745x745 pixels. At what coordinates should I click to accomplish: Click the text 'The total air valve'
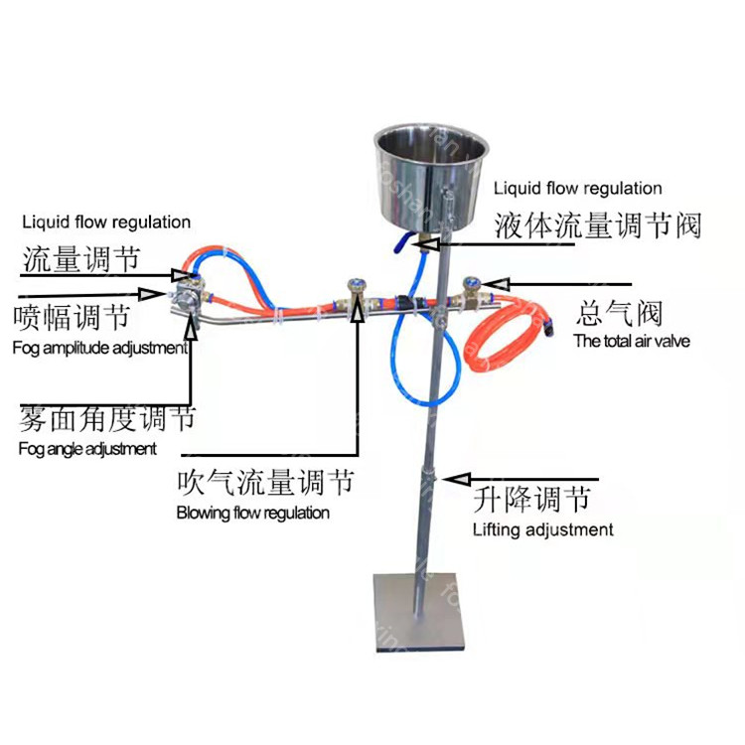pyautogui.click(x=632, y=341)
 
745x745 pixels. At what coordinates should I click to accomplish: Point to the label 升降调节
pyautogui.click(x=532, y=498)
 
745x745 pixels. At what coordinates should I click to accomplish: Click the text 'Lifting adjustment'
pyautogui.click(x=542, y=529)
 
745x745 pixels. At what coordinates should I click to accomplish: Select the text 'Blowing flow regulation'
pyautogui.click(x=252, y=513)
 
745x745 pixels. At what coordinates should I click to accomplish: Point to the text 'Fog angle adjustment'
pyautogui.click(x=87, y=448)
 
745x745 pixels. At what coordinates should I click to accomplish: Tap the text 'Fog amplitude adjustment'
pyautogui.click(x=99, y=348)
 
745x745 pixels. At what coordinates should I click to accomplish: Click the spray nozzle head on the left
pyautogui.click(x=183, y=295)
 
